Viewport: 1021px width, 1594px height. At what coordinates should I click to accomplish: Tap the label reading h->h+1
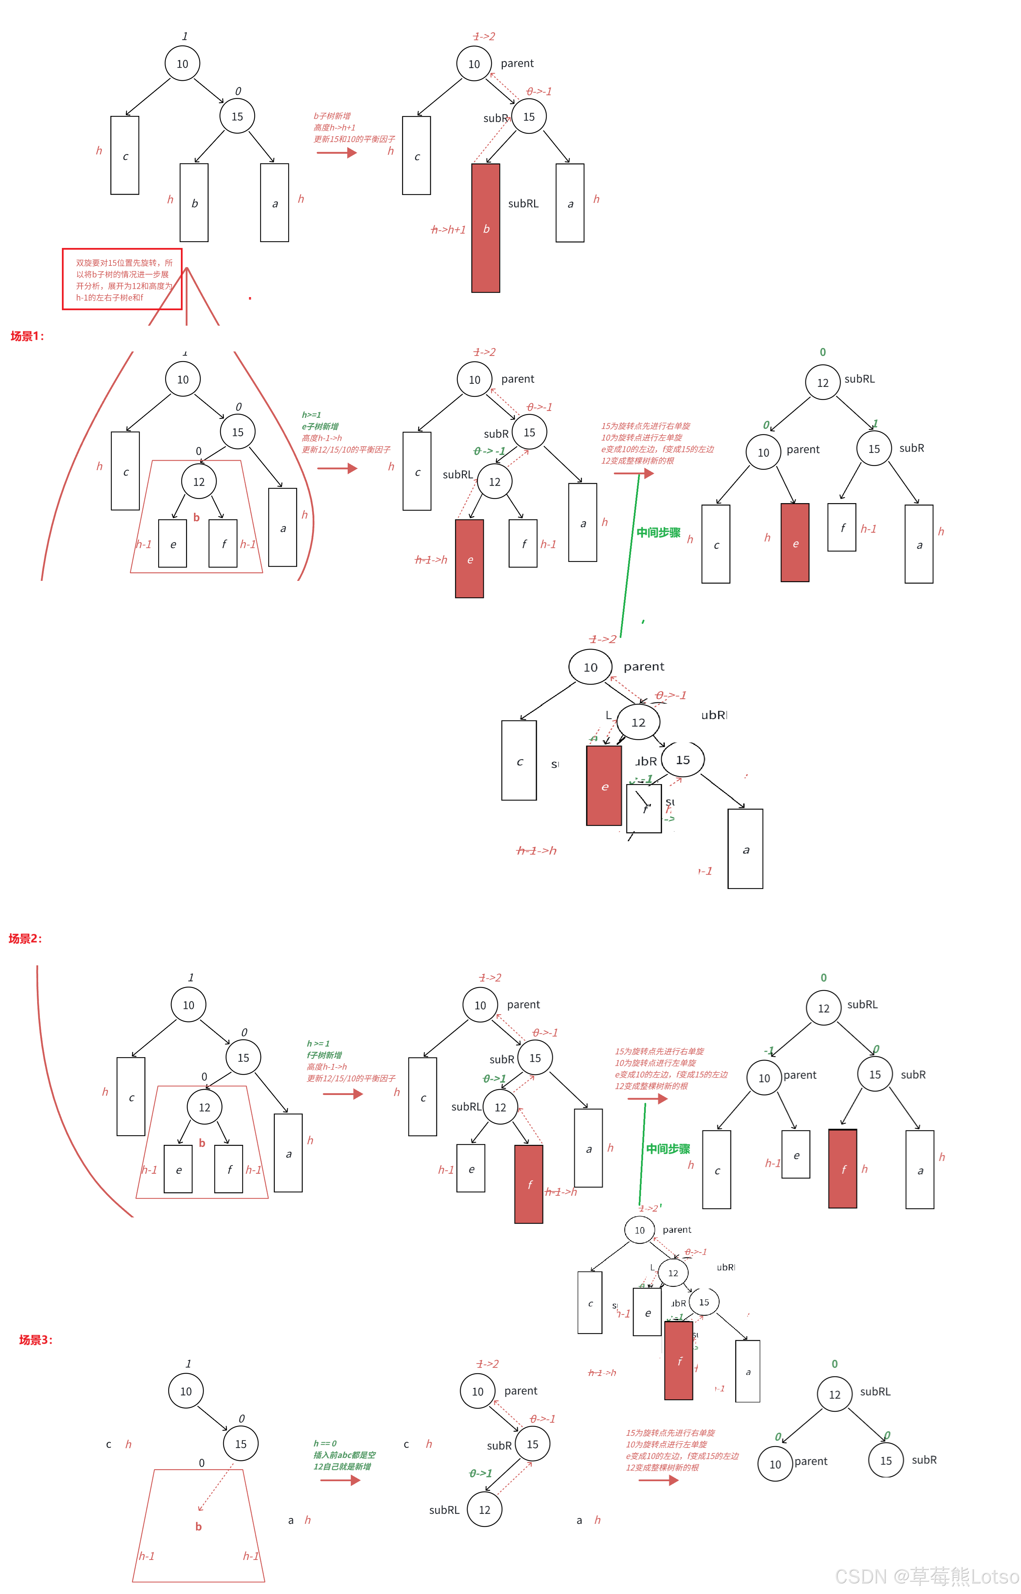[x=448, y=229]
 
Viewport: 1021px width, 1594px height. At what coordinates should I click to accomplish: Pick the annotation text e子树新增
[x=320, y=426]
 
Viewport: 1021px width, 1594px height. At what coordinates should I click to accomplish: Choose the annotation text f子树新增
[x=325, y=1055]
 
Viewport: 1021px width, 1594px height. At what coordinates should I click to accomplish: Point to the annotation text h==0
[x=326, y=1443]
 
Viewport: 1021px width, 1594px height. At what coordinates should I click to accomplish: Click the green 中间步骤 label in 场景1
[x=658, y=532]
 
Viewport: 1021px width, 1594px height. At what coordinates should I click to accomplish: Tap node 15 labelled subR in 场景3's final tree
[x=886, y=1461]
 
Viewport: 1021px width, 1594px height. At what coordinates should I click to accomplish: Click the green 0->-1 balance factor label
[x=489, y=451]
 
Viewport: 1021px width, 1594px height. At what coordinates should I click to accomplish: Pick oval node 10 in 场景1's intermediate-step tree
[x=590, y=667]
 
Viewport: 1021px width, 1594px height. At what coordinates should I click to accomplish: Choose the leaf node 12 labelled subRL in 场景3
[x=485, y=1509]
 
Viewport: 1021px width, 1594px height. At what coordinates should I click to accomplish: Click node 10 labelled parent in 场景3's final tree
[x=775, y=1464]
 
